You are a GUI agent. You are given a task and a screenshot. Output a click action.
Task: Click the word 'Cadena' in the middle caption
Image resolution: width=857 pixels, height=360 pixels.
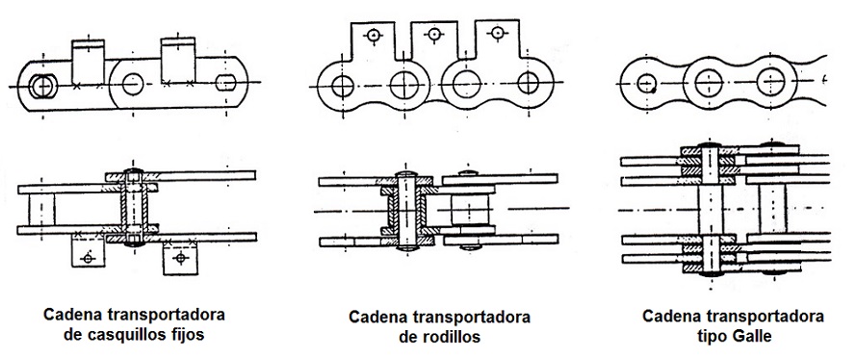(381, 317)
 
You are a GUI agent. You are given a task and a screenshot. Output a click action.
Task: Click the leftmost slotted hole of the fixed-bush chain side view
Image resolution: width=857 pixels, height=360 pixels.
(41, 85)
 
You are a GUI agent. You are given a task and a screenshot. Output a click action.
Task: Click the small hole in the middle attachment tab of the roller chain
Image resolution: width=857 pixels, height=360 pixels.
(436, 34)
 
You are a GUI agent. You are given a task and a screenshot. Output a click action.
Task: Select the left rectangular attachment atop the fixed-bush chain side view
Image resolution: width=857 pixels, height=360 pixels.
(89, 62)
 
